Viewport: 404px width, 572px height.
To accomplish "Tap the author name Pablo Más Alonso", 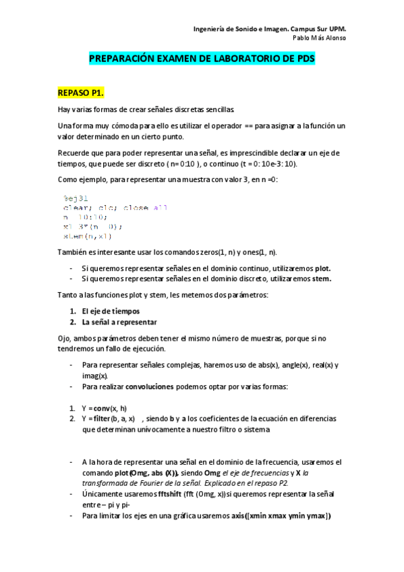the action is (320, 38).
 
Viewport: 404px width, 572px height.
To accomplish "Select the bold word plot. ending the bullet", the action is (323, 268).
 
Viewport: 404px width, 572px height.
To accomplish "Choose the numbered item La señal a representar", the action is (119, 322).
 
